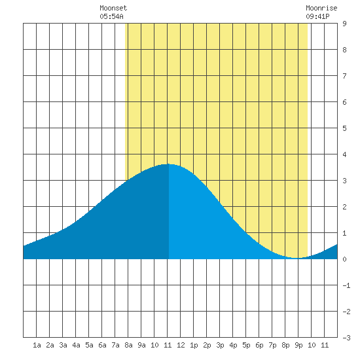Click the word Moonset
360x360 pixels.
[x=113, y=8]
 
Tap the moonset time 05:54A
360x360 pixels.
[x=111, y=16]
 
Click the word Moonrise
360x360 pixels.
[x=321, y=8]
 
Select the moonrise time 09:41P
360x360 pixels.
[x=317, y=16]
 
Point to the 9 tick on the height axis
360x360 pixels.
[x=344, y=24]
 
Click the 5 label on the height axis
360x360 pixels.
[x=344, y=128]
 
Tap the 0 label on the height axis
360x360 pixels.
[x=344, y=259]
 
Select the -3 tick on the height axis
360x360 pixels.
[x=346, y=338]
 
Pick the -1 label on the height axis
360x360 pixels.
[x=346, y=285]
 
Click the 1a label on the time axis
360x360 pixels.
[x=37, y=345]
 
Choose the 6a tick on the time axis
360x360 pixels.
[x=102, y=345]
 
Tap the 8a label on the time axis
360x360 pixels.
[x=128, y=345]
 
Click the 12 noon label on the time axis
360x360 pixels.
[x=181, y=345]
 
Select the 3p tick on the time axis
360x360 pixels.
[x=220, y=345]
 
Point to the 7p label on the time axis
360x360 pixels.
[x=272, y=345]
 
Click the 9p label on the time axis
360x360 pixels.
[x=298, y=345]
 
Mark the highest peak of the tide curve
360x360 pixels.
[x=168, y=164]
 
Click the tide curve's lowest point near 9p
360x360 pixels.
[x=296, y=258]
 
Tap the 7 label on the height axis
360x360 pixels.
[x=344, y=76]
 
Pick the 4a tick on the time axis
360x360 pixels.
[x=76, y=345]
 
